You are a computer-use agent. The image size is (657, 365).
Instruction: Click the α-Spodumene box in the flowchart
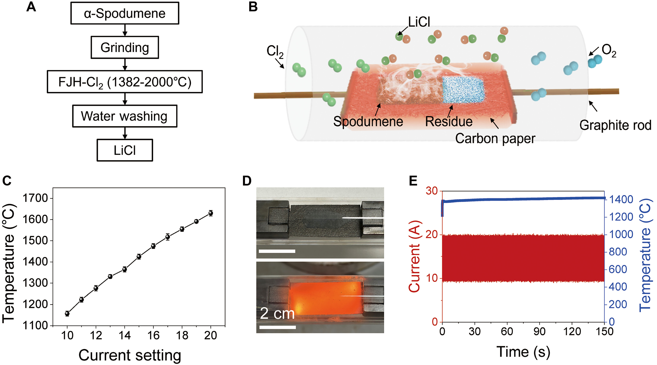pos(125,13)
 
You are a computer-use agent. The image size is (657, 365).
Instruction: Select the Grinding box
pos(125,47)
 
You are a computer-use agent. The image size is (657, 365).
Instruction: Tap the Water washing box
pos(125,116)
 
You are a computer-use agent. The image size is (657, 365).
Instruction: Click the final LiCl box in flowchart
pos(125,150)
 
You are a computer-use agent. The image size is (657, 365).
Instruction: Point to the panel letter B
pos(253,7)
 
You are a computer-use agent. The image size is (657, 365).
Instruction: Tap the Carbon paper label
pos(495,139)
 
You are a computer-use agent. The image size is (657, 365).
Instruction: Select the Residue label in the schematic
pos(449,121)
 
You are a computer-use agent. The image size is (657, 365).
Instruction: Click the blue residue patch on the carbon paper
pos(463,90)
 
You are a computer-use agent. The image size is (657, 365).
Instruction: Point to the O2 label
pos(609,51)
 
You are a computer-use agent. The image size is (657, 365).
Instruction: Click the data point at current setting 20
pos(211,213)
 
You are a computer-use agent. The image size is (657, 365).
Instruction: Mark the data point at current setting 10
pos(67,314)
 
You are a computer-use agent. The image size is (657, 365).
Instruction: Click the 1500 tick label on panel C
pos(35,241)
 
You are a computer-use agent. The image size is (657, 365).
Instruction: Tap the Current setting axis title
pos(130,355)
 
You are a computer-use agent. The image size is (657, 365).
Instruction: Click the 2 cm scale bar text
pos(277,314)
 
